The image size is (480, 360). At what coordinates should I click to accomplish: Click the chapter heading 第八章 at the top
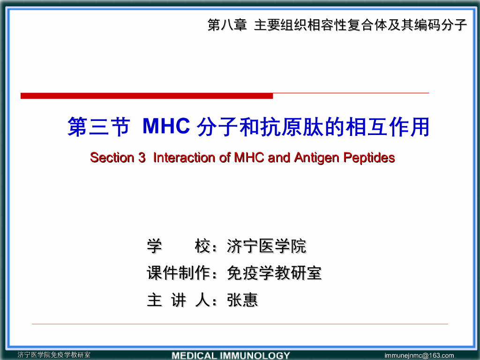[227, 25]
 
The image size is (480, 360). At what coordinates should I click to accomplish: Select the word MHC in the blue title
[166, 126]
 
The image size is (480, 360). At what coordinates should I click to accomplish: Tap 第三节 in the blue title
[98, 127]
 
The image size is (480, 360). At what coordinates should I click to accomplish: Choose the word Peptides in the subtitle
[369, 157]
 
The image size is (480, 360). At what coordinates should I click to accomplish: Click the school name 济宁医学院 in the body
[266, 246]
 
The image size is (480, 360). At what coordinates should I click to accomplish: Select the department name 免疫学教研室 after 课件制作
[274, 273]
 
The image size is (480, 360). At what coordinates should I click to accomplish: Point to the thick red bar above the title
[146, 96]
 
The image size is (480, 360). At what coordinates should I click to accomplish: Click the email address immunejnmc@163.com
[419, 355]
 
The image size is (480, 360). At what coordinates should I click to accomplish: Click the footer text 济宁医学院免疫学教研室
[54, 355]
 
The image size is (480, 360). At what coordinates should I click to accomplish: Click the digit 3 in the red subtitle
[142, 157]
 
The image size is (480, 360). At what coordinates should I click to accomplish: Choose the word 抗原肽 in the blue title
[298, 127]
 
